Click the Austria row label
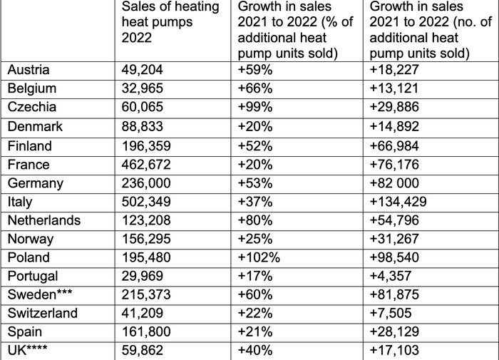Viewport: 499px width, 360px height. pyautogui.click(x=29, y=70)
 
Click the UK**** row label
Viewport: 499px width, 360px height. pyautogui.click(x=30, y=350)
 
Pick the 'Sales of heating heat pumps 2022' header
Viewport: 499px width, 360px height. pyautogui.click(x=157, y=22)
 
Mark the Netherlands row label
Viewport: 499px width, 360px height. pyautogui.click(x=43, y=220)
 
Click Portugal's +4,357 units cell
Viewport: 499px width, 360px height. pyautogui.click(x=396, y=276)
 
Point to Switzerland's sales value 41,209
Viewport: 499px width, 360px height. pyautogui.click(x=143, y=313)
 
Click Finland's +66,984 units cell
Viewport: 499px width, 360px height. pyautogui.click(x=400, y=145)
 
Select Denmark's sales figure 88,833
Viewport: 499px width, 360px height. pyautogui.click(x=143, y=126)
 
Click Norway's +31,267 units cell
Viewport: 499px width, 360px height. pyautogui.click(x=400, y=239)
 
